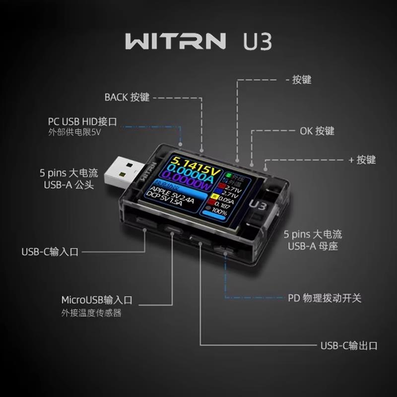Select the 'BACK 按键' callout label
pos(127,97)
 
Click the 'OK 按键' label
pos(317,131)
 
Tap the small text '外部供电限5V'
pos(74,132)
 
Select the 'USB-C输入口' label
pos(50,252)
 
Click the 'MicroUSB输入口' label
pos(97,300)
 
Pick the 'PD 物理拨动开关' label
pos(325,298)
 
